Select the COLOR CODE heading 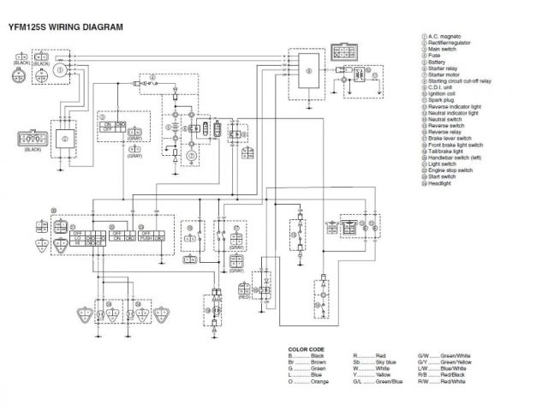point(307,349)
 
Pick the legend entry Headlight point(443,184)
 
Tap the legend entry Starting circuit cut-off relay point(462,80)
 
